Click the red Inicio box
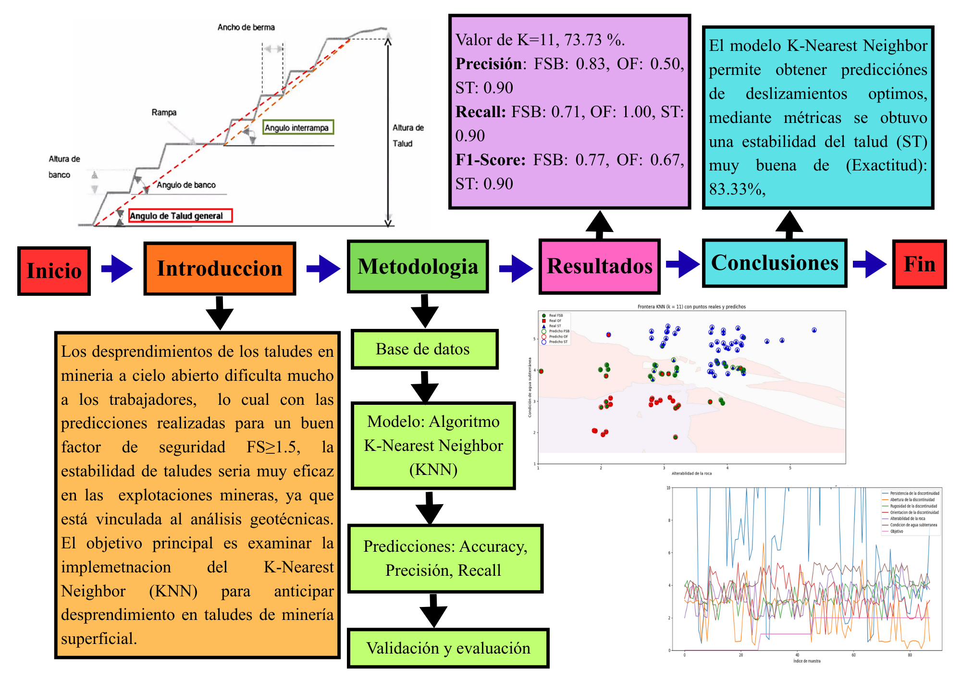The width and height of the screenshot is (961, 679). click(x=54, y=271)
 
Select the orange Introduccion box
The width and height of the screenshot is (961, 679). click(x=220, y=268)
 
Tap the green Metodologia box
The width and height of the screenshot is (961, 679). click(x=418, y=267)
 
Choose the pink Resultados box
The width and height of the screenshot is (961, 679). click(x=599, y=266)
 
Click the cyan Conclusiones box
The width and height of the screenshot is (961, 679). click(x=774, y=263)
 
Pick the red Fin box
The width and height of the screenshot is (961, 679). click(x=919, y=264)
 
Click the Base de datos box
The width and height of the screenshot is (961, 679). click(x=424, y=349)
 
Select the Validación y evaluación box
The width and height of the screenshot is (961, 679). click(x=448, y=648)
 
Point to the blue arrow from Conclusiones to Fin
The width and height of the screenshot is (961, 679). click(x=870, y=264)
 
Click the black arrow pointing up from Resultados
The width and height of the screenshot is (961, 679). click(x=599, y=224)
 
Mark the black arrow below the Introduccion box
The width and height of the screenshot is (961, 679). click(x=220, y=313)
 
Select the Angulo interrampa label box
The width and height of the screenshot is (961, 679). click(x=298, y=127)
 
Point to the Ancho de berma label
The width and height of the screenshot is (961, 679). click(x=246, y=27)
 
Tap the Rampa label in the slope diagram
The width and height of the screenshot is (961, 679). click(x=164, y=112)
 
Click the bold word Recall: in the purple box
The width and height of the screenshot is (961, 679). click(x=480, y=112)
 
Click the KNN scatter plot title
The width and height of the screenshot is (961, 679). click(x=691, y=306)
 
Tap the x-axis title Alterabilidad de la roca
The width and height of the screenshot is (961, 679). click(x=691, y=473)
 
